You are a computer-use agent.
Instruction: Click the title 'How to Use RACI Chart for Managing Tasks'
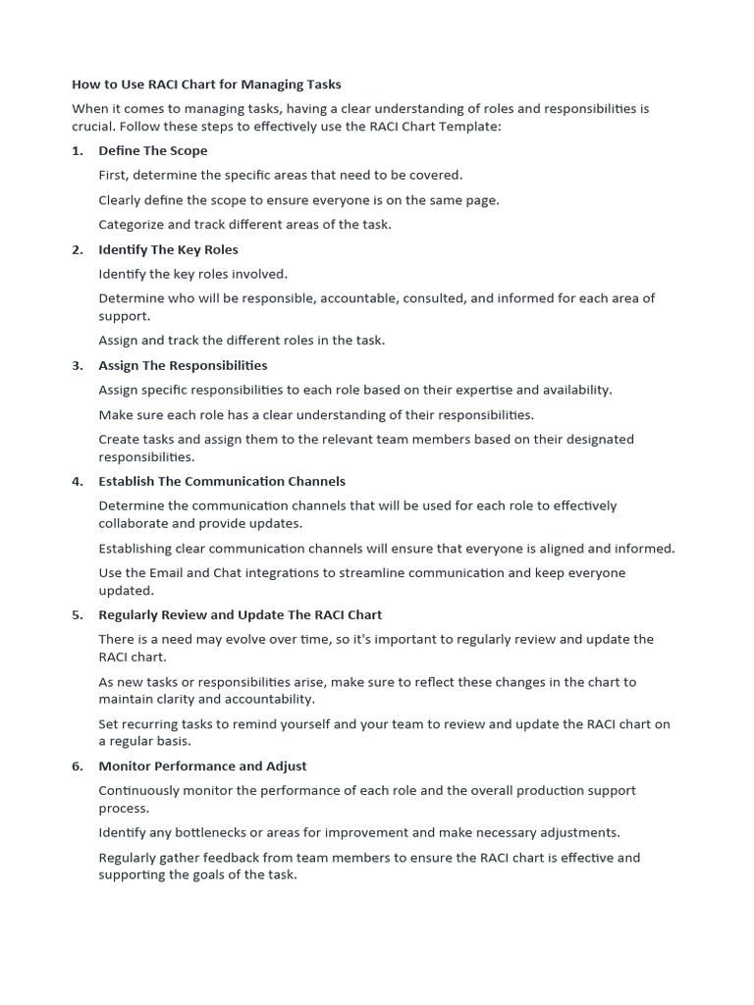pos(206,84)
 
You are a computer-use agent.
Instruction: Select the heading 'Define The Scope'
pos(152,150)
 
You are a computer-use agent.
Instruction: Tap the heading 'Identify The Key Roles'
pos(168,249)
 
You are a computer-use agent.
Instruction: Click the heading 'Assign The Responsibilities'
pos(183,365)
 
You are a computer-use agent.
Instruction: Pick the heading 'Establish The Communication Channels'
pos(222,481)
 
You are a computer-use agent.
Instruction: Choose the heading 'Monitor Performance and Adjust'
pos(202,766)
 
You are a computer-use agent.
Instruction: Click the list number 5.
pos(78,614)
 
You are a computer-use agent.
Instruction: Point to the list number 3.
pos(78,365)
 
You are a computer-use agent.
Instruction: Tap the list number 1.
pos(78,150)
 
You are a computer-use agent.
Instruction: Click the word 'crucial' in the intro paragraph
pos(93,127)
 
